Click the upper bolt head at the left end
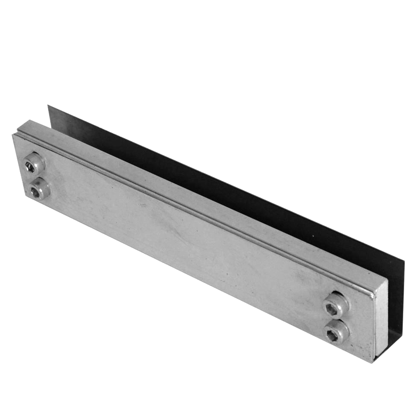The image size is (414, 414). pos(34,163)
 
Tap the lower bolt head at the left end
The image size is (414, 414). pos(39,189)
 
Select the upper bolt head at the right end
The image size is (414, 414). pos(336,304)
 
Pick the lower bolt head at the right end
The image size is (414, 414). pos(336,332)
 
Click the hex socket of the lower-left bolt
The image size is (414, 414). pos(35,193)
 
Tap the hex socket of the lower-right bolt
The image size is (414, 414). pos(331,336)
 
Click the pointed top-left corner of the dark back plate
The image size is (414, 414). pos(48,106)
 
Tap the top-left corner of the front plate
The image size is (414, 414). pos(14,135)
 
